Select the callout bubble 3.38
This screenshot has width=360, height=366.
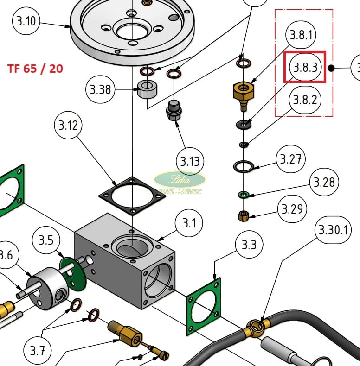point(100,89)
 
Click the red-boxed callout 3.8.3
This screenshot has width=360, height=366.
point(305,68)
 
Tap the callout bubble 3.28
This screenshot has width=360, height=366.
point(323,183)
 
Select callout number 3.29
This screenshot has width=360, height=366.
point(292,209)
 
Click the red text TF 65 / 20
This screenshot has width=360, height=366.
point(35,69)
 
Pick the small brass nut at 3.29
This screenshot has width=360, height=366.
point(243,216)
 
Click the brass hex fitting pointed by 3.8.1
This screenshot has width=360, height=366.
point(243,91)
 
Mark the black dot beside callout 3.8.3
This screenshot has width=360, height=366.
point(331,68)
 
